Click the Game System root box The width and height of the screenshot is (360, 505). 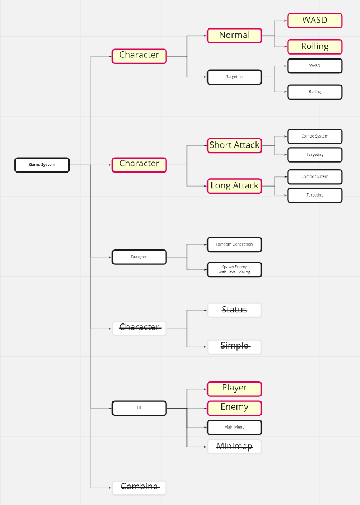click(42, 165)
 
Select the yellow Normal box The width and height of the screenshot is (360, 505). click(234, 36)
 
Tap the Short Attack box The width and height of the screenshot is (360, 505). click(234, 145)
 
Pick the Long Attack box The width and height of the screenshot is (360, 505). click(234, 186)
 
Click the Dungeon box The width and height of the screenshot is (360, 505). click(139, 257)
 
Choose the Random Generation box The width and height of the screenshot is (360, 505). click(234, 244)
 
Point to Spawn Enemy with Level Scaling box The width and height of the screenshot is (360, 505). click(234, 269)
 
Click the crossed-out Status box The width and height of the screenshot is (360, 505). click(234, 310)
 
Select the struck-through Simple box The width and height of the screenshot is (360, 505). click(234, 346)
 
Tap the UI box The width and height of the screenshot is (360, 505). click(139, 408)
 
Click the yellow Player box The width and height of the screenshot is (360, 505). click(234, 389)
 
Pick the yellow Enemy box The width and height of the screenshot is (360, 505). click(234, 408)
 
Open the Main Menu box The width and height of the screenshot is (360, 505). click(234, 428)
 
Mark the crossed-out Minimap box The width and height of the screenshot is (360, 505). click(234, 447)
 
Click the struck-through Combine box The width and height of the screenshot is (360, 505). click(139, 488)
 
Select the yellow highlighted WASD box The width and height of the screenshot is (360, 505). click(314, 21)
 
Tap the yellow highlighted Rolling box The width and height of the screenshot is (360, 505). click(314, 47)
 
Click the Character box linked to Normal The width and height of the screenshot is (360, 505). click(139, 56)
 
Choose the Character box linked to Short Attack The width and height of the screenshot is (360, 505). click(139, 164)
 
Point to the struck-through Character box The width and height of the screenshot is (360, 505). click(139, 328)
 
